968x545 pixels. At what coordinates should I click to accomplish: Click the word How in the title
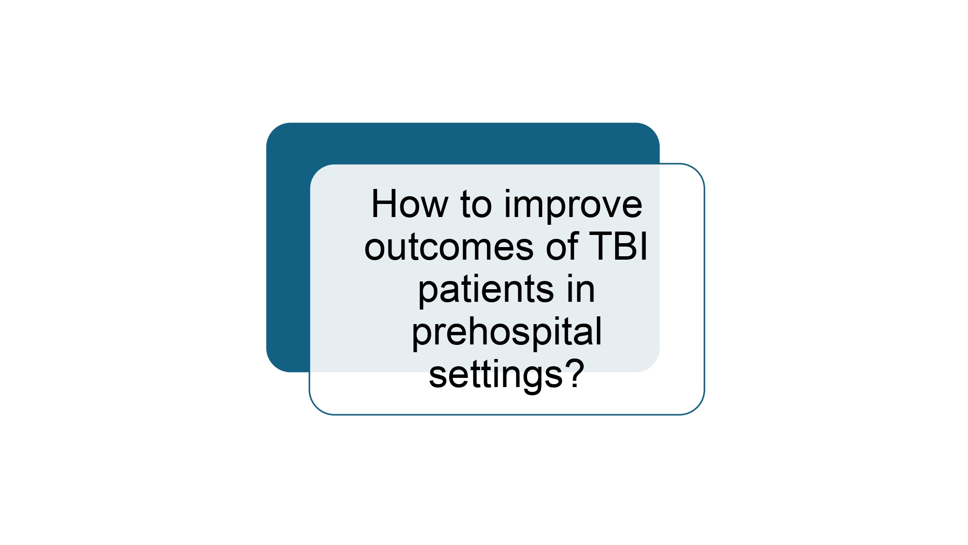click(x=409, y=204)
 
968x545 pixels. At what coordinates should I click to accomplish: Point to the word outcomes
click(x=449, y=248)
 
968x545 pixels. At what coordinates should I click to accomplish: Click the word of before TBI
click(x=562, y=246)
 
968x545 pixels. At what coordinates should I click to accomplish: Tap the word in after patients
click(x=580, y=289)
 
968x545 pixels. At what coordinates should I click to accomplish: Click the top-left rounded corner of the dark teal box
click(x=274, y=130)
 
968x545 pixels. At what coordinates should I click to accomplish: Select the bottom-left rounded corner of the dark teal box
click(x=274, y=364)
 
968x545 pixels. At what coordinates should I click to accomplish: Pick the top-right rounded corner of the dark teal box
click(x=652, y=130)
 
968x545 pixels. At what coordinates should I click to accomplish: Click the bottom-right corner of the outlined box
click(x=697, y=407)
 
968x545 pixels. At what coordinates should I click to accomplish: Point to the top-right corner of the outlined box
click(x=697, y=171)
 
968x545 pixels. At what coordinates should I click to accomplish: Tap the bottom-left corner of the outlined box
click(x=317, y=407)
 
